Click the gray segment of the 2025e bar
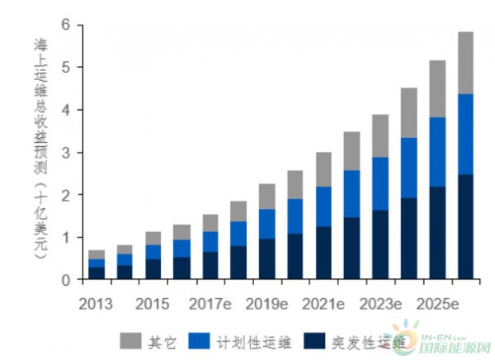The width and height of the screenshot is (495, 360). click(437, 89)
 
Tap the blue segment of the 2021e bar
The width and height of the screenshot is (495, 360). click(323, 206)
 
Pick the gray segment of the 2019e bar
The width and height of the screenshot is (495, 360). click(267, 197)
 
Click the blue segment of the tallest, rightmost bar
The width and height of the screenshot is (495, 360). click(465, 134)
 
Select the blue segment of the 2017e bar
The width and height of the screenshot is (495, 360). click(210, 241)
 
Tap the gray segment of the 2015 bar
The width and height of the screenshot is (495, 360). click(153, 239)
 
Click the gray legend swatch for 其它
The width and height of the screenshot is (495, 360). click(130, 339)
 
